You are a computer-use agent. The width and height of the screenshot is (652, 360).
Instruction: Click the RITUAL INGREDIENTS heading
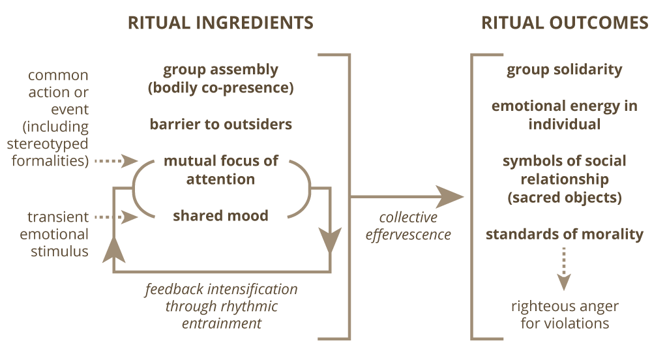pyautogui.click(x=220, y=23)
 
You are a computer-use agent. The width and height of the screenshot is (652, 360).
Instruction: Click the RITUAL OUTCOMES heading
pyautogui.click(x=565, y=23)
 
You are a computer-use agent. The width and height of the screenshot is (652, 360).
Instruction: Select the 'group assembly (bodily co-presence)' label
pyautogui.click(x=220, y=79)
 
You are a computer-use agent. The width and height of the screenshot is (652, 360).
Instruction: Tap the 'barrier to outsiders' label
pyautogui.click(x=220, y=124)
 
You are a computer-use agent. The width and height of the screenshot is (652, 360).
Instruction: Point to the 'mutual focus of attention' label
pyautogui.click(x=220, y=170)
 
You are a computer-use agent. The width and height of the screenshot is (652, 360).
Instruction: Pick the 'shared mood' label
pyautogui.click(x=220, y=216)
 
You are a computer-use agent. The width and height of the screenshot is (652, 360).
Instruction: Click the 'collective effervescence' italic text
pyautogui.click(x=409, y=226)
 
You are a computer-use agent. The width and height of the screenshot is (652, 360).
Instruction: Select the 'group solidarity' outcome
pyautogui.click(x=565, y=70)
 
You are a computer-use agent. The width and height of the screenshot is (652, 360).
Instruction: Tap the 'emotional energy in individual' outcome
pyautogui.click(x=565, y=115)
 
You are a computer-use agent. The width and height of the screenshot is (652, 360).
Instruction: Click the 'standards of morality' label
pyautogui.click(x=565, y=234)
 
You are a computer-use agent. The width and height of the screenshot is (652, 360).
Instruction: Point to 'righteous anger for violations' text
pyautogui.click(x=565, y=314)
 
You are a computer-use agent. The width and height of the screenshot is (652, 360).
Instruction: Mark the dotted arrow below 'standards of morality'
pyautogui.click(x=565, y=271)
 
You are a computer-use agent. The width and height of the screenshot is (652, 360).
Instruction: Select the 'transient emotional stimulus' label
pyautogui.click(x=57, y=233)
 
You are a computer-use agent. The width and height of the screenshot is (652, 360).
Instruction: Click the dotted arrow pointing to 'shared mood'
pyautogui.click(x=117, y=217)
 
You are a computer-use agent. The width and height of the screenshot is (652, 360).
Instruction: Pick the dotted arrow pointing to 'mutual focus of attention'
pyautogui.click(x=117, y=160)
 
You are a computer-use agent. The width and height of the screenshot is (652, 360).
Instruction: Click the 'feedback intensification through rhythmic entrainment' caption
pyautogui.click(x=221, y=305)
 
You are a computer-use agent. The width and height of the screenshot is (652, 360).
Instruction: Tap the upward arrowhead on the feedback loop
pyautogui.click(x=115, y=247)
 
